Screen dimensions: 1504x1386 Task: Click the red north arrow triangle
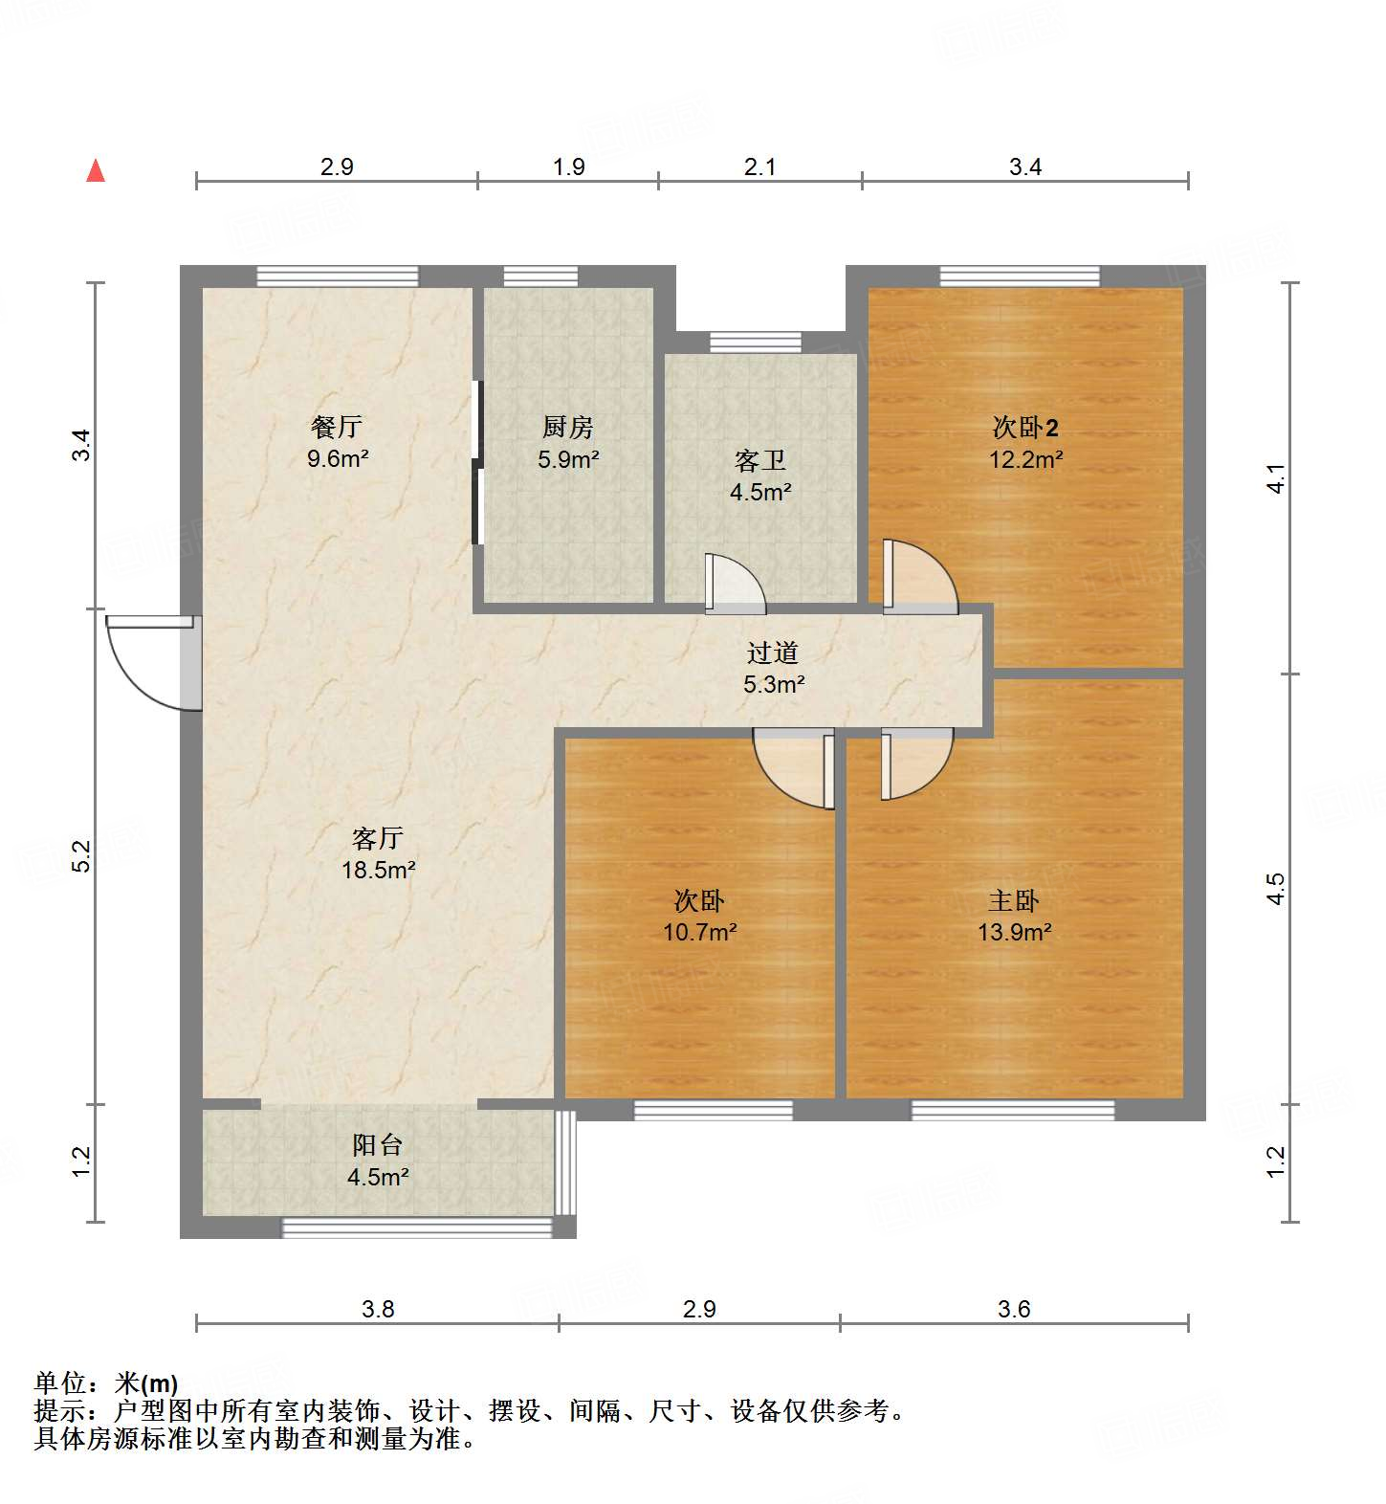[96, 171]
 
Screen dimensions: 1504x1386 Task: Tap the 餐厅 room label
[337, 427]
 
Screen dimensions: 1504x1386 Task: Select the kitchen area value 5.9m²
[568, 459]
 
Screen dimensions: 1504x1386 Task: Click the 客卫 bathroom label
[760, 461]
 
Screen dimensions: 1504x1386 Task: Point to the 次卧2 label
[1025, 428]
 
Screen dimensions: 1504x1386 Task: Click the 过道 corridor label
[772, 652]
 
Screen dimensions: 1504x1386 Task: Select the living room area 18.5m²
[378, 871]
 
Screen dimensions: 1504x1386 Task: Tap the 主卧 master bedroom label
[1014, 900]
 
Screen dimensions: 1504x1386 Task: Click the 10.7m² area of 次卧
[699, 932]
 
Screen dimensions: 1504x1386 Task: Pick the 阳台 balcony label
[377, 1145]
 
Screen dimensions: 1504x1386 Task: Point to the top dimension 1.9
[568, 166]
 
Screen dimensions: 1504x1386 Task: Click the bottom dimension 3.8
[378, 1309]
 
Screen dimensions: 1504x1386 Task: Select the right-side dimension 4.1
[1276, 478]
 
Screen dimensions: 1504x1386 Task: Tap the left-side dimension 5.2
[81, 855]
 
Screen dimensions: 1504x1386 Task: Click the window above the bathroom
[756, 342]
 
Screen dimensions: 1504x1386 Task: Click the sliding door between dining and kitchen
[477, 463]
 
